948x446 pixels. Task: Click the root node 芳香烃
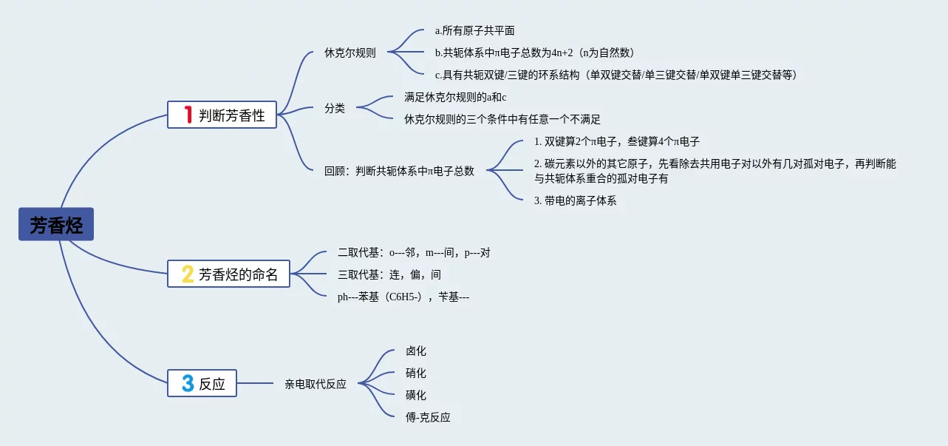[x=56, y=224]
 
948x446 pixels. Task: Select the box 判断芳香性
[x=222, y=115]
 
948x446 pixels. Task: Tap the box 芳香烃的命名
[x=228, y=274]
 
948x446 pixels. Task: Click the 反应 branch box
[x=202, y=383]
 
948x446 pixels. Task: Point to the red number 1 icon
[x=188, y=115]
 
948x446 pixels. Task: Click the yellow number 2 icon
[x=188, y=274]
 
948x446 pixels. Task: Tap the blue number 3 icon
[x=188, y=383]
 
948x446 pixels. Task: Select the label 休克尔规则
[x=349, y=53]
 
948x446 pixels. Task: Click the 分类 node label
[x=335, y=108]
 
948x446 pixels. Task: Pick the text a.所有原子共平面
[x=474, y=30]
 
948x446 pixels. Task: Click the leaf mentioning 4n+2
[x=534, y=53]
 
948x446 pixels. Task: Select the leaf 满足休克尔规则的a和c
[x=455, y=97]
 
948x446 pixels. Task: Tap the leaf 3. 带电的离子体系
[x=575, y=200]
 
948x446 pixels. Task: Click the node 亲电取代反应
[x=316, y=384]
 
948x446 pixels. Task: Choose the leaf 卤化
[x=416, y=351]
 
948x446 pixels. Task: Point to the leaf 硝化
[x=416, y=373]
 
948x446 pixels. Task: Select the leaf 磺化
[x=416, y=395]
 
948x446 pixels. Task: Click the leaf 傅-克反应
[x=428, y=417]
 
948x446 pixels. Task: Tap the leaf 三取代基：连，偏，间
[x=389, y=274]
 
